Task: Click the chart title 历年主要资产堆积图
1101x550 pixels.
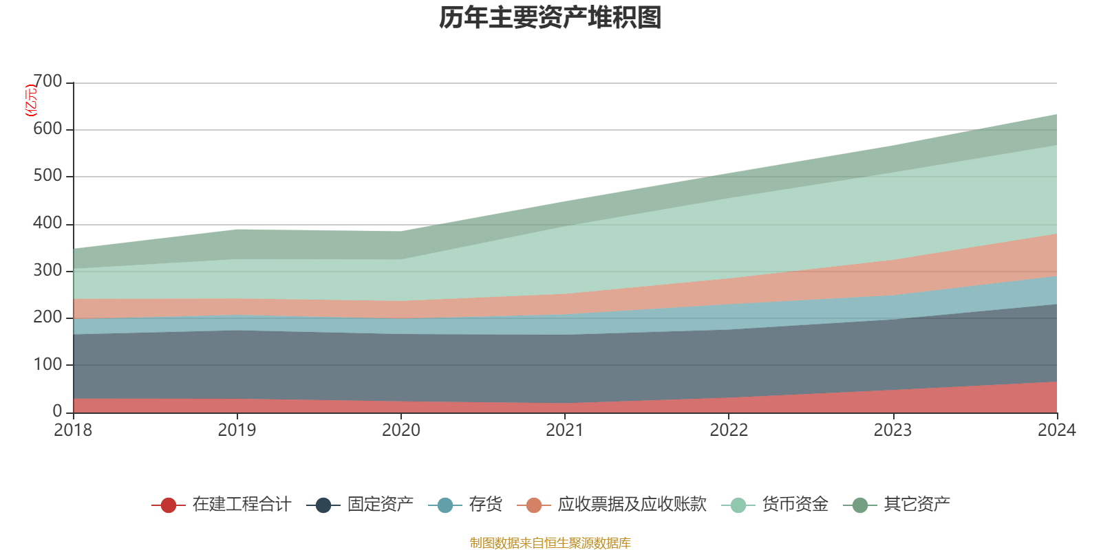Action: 550,19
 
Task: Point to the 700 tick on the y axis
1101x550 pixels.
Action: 47,82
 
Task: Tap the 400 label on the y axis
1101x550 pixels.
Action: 47,223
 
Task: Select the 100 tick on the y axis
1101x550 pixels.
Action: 47,364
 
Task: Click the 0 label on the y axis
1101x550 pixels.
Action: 57,411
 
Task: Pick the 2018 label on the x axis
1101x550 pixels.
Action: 73,430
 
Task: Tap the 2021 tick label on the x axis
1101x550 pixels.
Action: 564,430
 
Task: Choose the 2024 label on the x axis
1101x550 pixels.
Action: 1056,430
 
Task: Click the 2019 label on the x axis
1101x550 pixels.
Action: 237,430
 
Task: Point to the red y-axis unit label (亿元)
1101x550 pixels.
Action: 31,100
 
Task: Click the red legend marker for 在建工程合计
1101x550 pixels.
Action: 168,505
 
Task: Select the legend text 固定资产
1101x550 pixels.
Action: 380,505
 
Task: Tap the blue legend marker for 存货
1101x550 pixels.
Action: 445,505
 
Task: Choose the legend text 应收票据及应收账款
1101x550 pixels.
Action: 632,505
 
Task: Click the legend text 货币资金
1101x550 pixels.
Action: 795,505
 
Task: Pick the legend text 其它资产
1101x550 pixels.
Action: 917,505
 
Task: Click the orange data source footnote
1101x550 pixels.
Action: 550,543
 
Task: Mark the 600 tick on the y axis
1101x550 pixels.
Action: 47,129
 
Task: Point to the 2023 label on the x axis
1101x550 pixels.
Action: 892,430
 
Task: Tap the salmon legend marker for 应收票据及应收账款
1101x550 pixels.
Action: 534,505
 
